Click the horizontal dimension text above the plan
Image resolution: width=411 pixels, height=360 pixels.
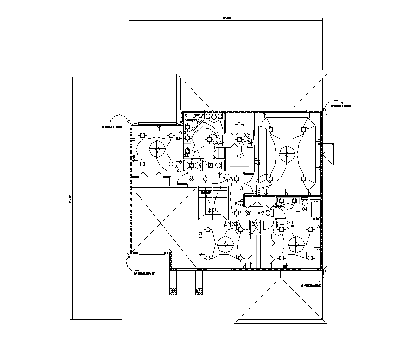[x=226, y=18]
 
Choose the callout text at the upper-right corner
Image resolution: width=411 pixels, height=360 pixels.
[x=340, y=106]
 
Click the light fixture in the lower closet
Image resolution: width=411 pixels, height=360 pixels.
[x=239, y=155]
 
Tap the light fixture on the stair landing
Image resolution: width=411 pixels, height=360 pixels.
[x=212, y=212]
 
